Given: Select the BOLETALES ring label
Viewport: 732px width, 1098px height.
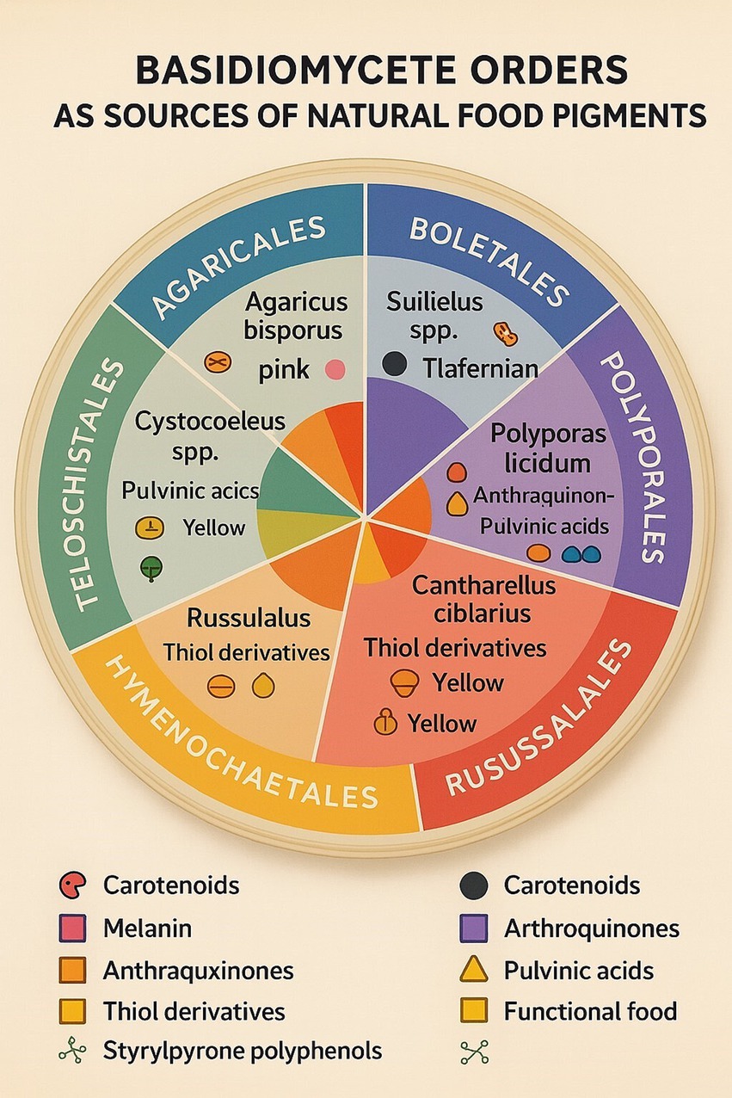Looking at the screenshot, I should coord(487,260).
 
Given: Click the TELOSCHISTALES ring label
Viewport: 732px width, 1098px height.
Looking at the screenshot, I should coord(102,486).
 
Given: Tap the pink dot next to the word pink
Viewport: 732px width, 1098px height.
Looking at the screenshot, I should coord(335,371).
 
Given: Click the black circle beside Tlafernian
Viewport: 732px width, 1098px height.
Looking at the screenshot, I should coord(394,364).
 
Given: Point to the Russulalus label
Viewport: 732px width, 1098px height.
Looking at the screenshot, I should coord(248,618).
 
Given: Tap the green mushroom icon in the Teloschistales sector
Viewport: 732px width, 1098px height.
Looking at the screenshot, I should coord(151,568).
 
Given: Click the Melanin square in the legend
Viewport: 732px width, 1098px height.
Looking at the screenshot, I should coord(73,928).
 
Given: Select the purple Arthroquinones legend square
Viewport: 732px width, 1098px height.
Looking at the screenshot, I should coord(474,928).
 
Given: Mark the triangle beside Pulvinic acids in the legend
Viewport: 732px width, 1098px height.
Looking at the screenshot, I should coord(474,970).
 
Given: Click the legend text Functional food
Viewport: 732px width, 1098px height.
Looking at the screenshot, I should coord(590,1010).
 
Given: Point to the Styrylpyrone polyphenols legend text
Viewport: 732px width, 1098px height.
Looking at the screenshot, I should coord(243,1051).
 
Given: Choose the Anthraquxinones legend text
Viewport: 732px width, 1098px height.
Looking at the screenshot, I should coord(198,971).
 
